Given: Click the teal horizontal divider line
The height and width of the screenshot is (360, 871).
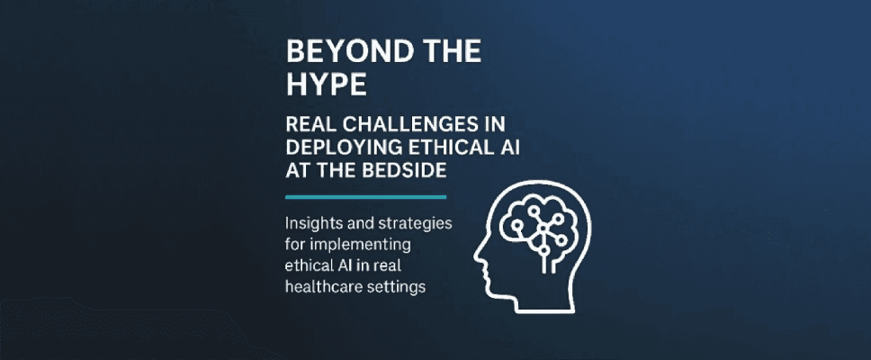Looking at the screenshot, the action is (365, 197).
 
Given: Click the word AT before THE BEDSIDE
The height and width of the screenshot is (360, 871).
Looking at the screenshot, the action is (296, 170).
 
